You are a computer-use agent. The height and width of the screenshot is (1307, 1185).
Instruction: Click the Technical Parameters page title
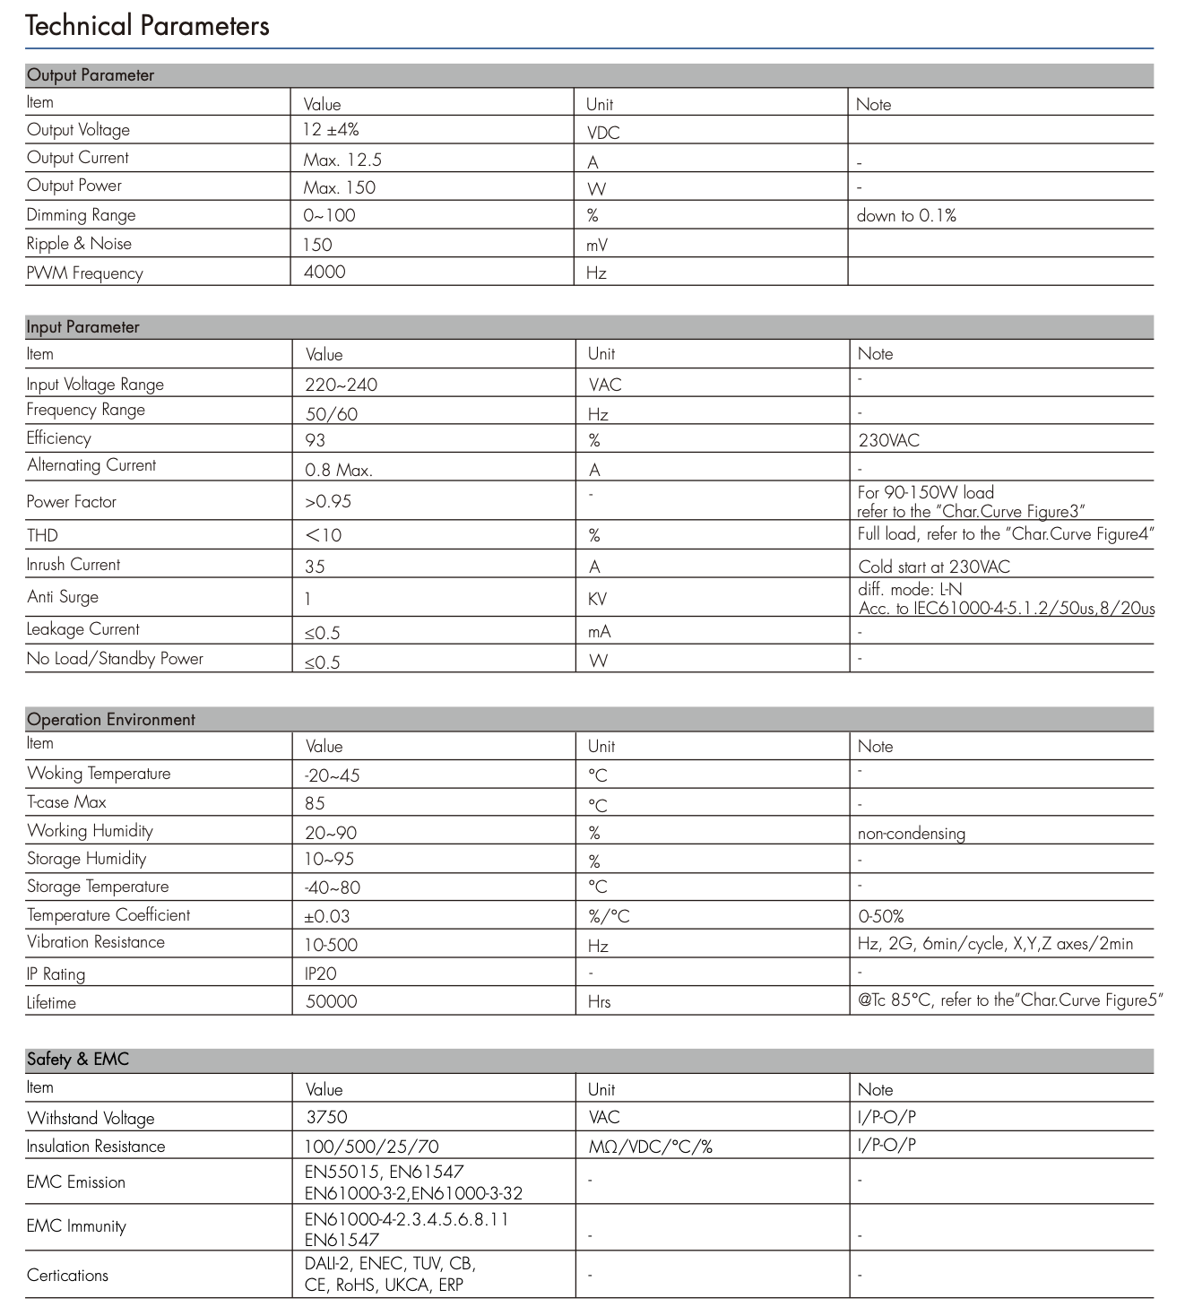[147, 26]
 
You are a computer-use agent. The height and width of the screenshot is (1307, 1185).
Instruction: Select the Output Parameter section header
[91, 75]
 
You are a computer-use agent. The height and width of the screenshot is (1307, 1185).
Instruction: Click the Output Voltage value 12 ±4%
[331, 130]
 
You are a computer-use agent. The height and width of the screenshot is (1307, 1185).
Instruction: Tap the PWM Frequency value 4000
[324, 272]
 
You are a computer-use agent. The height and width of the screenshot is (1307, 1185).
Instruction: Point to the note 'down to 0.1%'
[906, 216]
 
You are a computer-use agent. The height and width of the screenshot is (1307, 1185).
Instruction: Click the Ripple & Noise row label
[79, 244]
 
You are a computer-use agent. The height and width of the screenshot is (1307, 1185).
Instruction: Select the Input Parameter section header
[82, 327]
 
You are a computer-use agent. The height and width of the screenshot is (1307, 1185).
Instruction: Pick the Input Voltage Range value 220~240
[341, 385]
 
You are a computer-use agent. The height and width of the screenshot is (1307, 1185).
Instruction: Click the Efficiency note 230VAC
[888, 440]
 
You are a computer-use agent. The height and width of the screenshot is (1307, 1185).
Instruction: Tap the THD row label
[42, 535]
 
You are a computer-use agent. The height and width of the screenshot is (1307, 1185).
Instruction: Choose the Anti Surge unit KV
[597, 599]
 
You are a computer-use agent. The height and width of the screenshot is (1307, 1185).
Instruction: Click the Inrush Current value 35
[315, 567]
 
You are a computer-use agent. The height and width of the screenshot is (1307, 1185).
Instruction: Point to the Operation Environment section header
[111, 720]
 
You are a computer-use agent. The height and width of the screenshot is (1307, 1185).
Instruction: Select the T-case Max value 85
[315, 803]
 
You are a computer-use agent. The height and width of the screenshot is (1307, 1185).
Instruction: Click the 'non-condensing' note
[911, 834]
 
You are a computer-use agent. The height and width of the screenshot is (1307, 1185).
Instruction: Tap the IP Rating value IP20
[321, 974]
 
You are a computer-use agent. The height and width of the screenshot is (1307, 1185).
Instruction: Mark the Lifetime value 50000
[331, 1001]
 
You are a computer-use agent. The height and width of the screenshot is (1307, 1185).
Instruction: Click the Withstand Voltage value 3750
[326, 1117]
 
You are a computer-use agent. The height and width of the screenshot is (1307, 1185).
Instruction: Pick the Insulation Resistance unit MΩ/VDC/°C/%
[650, 1147]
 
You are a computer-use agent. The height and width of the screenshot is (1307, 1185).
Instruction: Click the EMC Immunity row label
[76, 1226]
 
